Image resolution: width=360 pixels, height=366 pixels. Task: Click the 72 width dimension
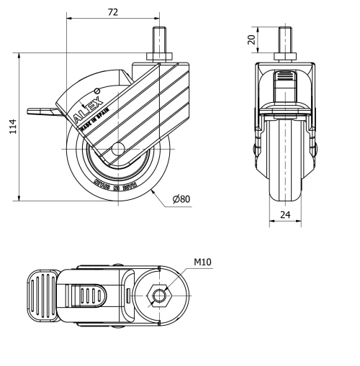click(x=112, y=12)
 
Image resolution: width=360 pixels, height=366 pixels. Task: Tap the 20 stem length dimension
click(x=251, y=39)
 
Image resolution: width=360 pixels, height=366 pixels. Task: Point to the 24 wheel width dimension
click(x=287, y=214)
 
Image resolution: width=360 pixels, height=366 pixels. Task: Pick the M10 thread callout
click(x=202, y=262)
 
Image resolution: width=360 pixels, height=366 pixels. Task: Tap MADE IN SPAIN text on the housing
click(x=91, y=119)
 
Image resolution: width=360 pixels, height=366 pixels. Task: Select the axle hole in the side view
click(x=119, y=150)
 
